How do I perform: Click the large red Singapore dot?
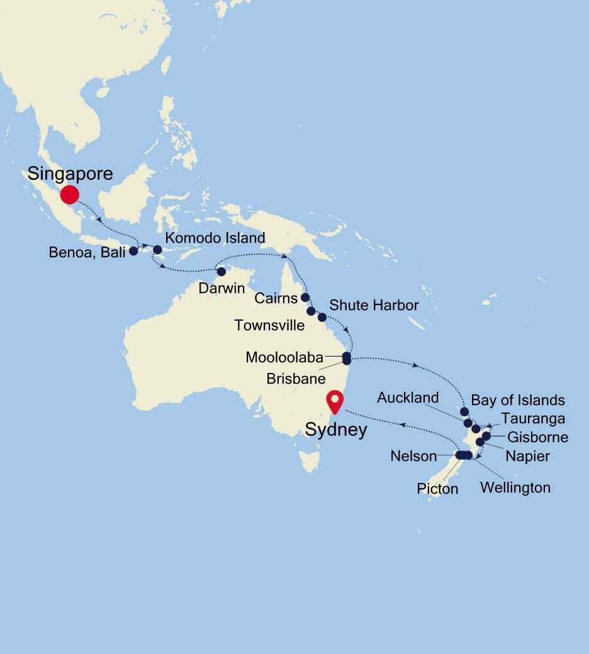coord(69,194)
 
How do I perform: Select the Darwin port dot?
coord(221,272)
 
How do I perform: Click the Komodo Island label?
coord(215,238)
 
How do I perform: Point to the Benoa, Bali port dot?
coord(133,251)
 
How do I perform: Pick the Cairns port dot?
coord(305,297)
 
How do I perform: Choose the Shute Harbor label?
coord(374,306)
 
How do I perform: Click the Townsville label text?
coord(269,325)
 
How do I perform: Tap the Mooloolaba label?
coord(284,358)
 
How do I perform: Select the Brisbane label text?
coord(296,379)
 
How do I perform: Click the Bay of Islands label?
coord(517,400)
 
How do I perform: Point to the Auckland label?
coord(408,397)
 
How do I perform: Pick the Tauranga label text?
coord(533,419)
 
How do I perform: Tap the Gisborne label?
coord(537,437)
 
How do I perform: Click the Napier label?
coord(527,456)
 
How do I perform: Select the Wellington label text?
coord(515,487)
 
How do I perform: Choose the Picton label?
coord(437,489)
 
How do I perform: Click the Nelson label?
coord(413,456)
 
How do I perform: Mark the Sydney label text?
coord(335,430)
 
